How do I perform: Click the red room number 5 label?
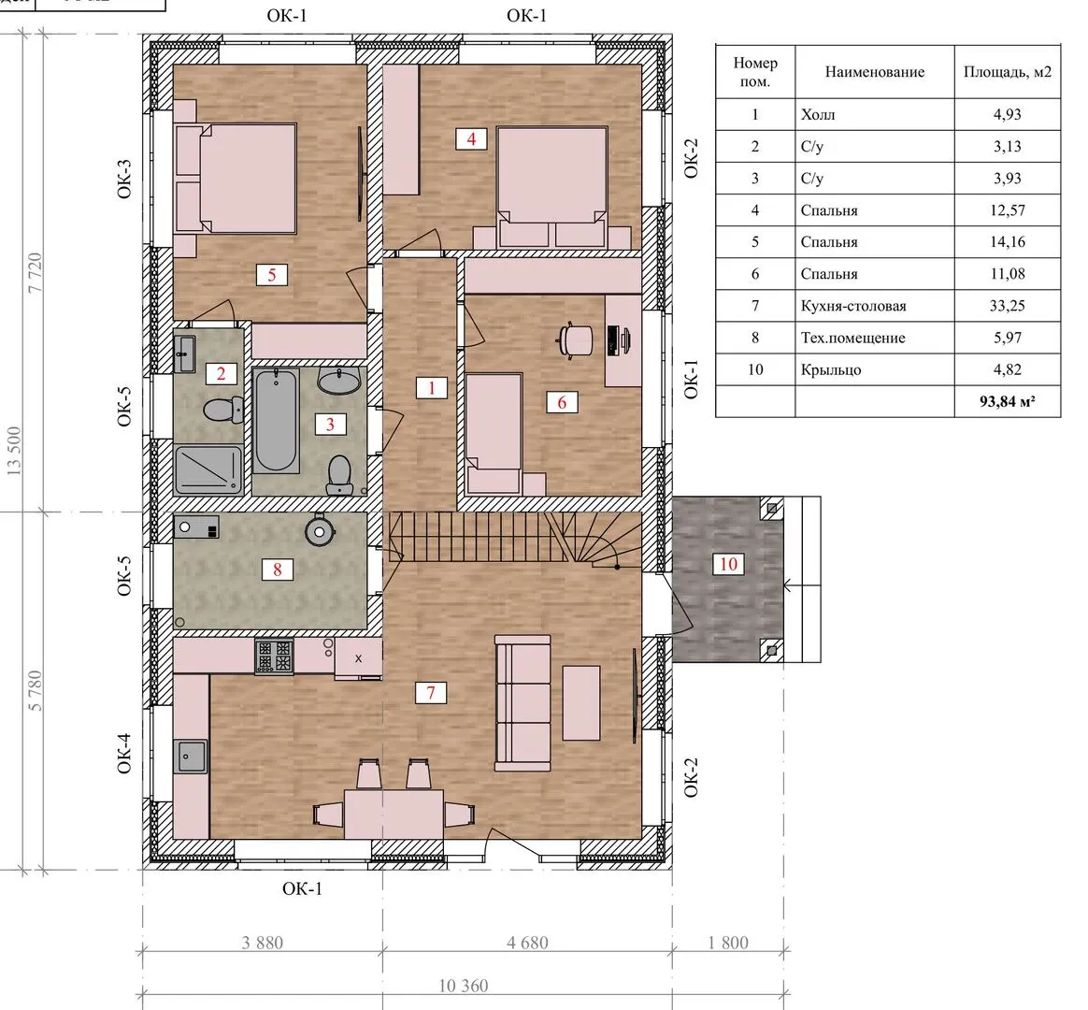pos(271,275)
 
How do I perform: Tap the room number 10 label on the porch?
pos(728,564)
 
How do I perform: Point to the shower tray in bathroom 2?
pos(208,470)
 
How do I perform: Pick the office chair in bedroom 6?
pos(575,340)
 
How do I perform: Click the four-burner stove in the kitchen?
pos(274,656)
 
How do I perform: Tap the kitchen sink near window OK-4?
pos(192,756)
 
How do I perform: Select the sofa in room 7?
pos(523,703)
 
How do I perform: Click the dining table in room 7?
pos(394,815)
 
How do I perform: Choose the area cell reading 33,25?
pos(1007,306)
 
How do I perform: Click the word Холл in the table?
pos(817,114)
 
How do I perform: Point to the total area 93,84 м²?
pos(1007,401)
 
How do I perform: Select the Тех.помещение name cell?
pos(852,338)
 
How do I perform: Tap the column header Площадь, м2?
pos(1007,71)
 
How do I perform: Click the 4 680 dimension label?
pos(527,943)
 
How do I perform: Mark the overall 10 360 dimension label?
pos(463,986)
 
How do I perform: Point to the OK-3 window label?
pos(124,180)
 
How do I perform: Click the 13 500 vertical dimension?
pos(14,451)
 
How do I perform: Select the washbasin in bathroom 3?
pos(338,381)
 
